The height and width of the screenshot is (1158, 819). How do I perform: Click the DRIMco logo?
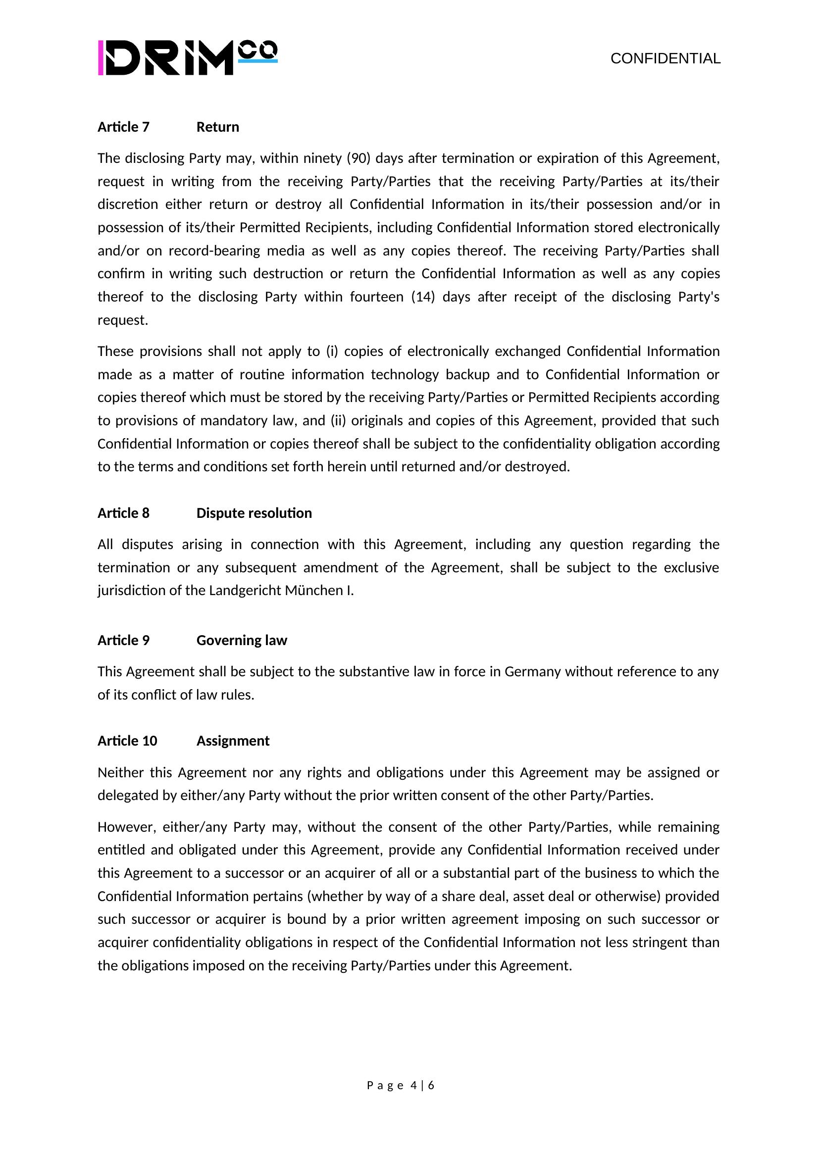[187, 58]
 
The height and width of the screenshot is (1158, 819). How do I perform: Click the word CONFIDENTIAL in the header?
[665, 58]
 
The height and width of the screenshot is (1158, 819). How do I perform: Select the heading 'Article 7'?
[124, 127]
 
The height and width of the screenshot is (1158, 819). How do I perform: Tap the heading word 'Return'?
[217, 127]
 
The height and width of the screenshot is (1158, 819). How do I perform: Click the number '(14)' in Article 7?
[422, 297]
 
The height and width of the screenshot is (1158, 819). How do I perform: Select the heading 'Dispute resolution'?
[254, 513]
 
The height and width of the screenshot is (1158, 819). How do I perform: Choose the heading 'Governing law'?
[242, 640]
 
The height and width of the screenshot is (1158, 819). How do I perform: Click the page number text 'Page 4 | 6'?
[401, 1085]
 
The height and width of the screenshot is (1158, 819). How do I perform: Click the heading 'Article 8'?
[124, 513]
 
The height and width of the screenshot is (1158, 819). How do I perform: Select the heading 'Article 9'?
[124, 640]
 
